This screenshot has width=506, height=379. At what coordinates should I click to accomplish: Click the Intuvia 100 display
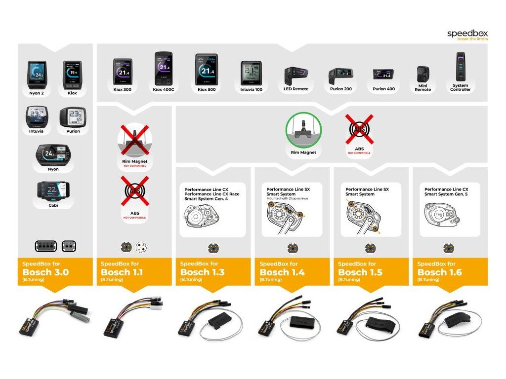(x=252, y=73)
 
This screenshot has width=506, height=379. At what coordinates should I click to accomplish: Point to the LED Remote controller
(x=295, y=76)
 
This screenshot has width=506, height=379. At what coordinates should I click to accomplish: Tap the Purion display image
(x=73, y=118)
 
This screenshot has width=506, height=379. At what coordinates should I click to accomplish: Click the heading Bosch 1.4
(x=282, y=272)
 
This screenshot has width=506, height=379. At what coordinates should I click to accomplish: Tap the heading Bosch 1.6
(x=440, y=272)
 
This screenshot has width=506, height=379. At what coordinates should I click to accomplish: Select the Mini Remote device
(x=422, y=76)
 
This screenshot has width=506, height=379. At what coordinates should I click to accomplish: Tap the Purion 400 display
(x=385, y=75)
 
